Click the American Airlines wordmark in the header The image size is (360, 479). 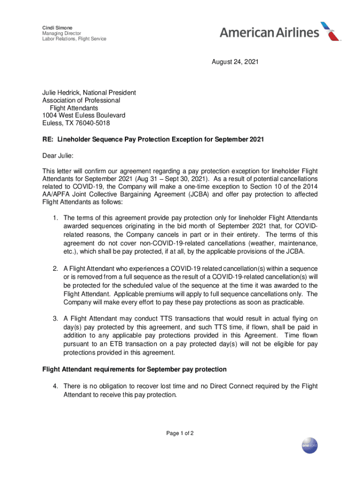[x=269, y=32]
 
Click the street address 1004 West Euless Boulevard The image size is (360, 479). [x=84, y=115]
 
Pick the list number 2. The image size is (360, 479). [x=55, y=269]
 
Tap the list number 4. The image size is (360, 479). [x=55, y=386]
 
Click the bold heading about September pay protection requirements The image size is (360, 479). [x=134, y=370]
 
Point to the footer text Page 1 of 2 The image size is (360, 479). [x=180, y=433]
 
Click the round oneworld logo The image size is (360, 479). [x=310, y=445]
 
